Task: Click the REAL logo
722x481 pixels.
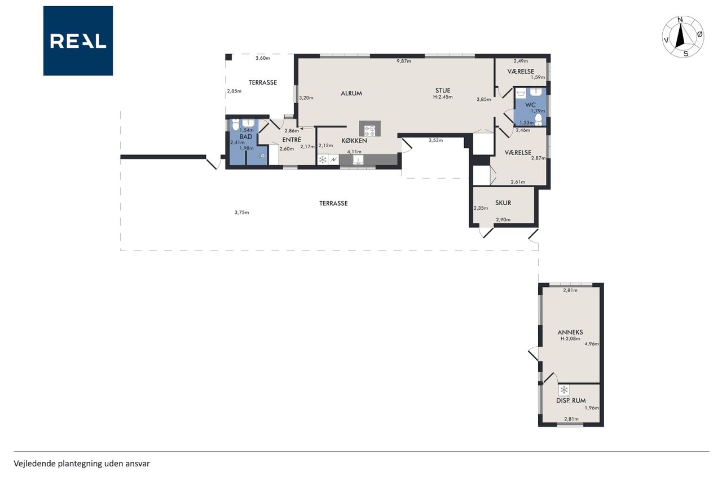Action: (78, 41)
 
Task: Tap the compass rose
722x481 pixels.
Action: (683, 37)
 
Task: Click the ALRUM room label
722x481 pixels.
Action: (351, 93)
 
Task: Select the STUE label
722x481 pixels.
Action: (443, 90)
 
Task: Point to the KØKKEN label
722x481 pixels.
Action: (354, 140)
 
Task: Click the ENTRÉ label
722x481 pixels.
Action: (292, 139)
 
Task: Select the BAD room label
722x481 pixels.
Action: (245, 136)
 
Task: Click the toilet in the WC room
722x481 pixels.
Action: (538, 119)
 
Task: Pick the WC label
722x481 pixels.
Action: (530, 105)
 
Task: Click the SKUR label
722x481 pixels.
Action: (503, 202)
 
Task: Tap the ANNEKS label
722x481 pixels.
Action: (570, 332)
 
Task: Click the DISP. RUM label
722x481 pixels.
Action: (571, 400)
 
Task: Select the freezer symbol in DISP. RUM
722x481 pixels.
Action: (563, 390)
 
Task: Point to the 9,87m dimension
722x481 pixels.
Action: (403, 61)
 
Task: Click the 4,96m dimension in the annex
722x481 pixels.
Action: (592, 344)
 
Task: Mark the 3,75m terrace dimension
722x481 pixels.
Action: (242, 213)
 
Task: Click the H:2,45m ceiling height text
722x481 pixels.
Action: (443, 96)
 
